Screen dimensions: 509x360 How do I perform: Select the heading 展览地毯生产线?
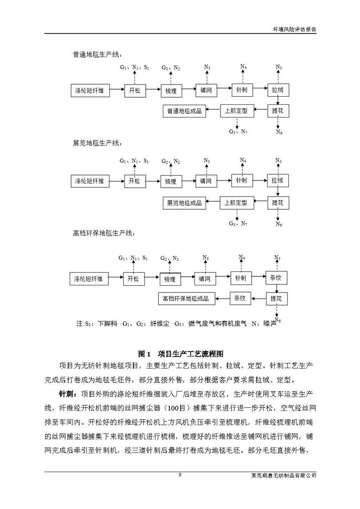point(97,144)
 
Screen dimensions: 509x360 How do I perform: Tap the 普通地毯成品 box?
point(184,111)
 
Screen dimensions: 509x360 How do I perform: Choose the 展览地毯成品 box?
point(184,203)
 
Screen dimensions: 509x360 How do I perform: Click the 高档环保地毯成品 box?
point(186,298)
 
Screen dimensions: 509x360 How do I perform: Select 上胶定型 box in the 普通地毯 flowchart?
point(237,111)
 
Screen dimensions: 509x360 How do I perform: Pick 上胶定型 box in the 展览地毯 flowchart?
point(237,203)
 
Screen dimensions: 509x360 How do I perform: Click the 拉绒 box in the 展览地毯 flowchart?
point(277,181)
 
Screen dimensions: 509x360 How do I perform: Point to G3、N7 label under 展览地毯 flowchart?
point(238,224)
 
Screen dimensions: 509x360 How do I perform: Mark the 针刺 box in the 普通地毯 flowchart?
point(241,90)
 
